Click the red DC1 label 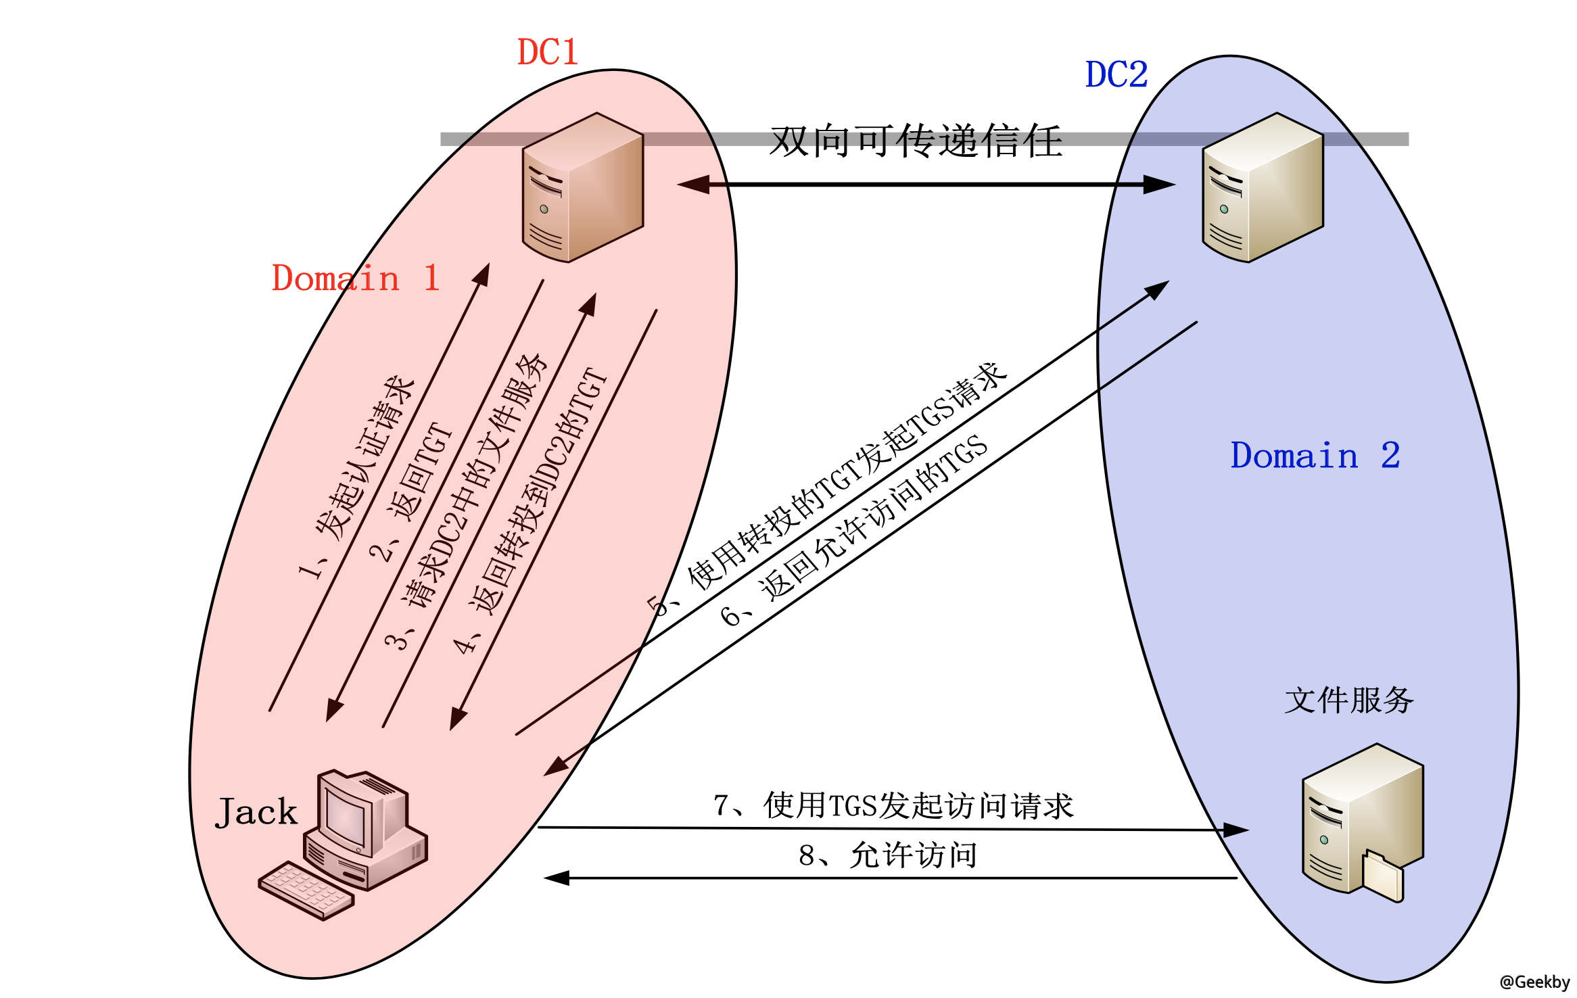pos(548,52)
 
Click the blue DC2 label pos(1116,74)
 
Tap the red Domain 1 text pos(356,278)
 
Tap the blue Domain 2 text pos(1315,455)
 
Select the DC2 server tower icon pos(1263,188)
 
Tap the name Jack pos(256,812)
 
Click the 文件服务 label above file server pos(1348,700)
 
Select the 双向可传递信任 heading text pos(916,141)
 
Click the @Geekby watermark pos(1534,982)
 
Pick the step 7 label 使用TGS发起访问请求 pos(893,805)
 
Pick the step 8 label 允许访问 pos(888,855)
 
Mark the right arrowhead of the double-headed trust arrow pos(1158,184)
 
